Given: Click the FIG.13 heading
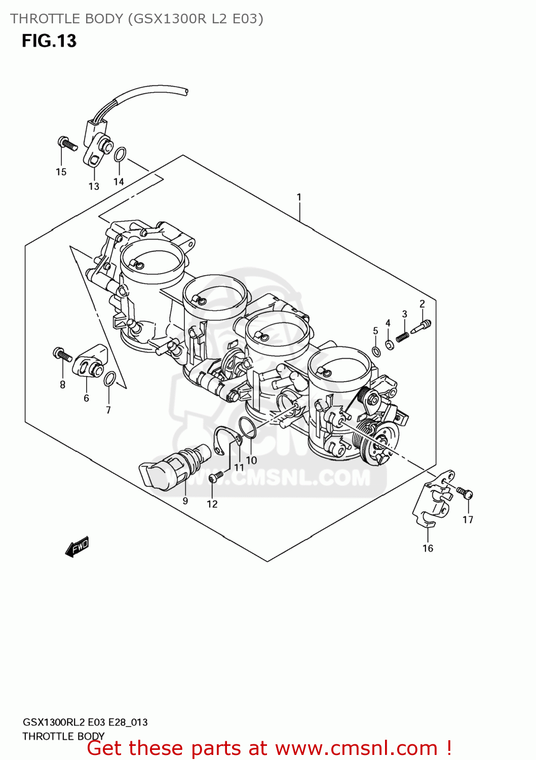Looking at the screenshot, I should pyautogui.click(x=49, y=41).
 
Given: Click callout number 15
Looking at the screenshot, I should pyautogui.click(x=61, y=172).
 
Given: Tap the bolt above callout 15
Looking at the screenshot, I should pyautogui.click(x=66, y=143).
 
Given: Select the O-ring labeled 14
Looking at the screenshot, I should pyautogui.click(x=120, y=154).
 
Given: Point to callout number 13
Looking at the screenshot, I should pyautogui.click(x=94, y=186).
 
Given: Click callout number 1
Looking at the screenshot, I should pyautogui.click(x=299, y=197).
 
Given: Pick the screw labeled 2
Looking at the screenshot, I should pyautogui.click(x=422, y=325).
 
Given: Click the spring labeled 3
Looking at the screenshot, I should pyautogui.click(x=402, y=335).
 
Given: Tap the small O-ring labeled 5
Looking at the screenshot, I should pyautogui.click(x=376, y=352).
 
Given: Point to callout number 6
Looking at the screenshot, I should pyautogui.click(x=86, y=398).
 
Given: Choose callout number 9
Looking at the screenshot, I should pyautogui.click(x=185, y=501).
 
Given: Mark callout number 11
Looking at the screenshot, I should pyautogui.click(x=239, y=468).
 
